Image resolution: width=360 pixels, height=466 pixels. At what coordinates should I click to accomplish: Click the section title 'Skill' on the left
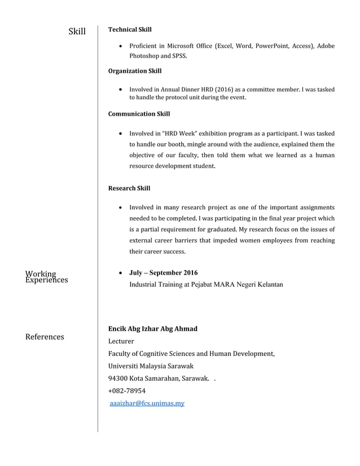click(77, 31)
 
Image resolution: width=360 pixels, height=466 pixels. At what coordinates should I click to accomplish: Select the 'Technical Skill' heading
click(130, 29)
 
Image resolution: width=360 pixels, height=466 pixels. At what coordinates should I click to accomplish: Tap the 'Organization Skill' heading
click(134, 71)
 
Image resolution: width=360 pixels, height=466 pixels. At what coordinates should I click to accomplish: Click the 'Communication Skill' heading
click(139, 114)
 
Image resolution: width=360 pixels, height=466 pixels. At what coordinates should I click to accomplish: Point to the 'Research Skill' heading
click(129, 188)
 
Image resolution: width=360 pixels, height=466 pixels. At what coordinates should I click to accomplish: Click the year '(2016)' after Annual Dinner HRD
click(223, 89)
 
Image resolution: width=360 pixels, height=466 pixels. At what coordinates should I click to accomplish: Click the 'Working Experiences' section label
click(46, 277)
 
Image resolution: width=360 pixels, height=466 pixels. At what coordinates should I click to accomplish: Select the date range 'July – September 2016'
click(163, 273)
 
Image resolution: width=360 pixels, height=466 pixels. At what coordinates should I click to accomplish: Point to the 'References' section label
click(45, 337)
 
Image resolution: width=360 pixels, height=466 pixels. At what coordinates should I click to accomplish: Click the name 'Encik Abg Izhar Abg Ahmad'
click(152, 329)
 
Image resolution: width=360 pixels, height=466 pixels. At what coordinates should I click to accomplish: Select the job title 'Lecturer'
click(121, 341)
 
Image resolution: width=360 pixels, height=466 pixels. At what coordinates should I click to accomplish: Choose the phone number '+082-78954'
click(126, 391)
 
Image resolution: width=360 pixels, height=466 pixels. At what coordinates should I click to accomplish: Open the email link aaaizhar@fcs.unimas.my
click(146, 403)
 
